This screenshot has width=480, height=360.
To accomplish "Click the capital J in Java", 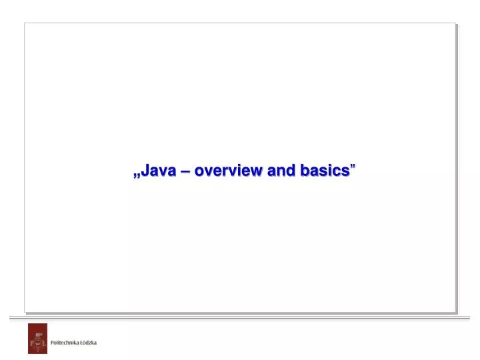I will tap(145, 171).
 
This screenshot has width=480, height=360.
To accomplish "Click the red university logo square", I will tap(37, 339).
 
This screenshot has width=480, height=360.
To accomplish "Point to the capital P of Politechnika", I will tap(53, 343).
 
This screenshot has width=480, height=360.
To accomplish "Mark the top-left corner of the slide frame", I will tap(25, 23).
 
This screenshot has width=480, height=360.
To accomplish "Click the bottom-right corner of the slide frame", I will tap(455, 311).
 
